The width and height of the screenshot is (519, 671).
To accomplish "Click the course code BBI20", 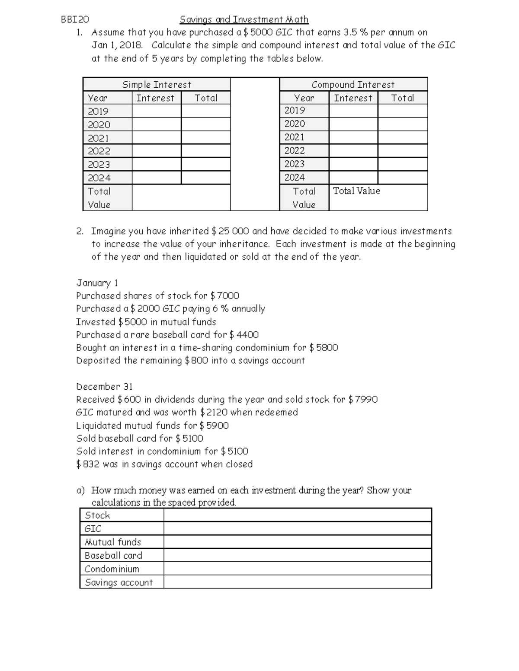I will [75, 19].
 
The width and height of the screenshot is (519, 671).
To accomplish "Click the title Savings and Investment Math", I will [244, 19].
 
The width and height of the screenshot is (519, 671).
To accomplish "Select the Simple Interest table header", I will [157, 85].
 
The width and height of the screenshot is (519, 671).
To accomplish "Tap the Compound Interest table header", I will [353, 85].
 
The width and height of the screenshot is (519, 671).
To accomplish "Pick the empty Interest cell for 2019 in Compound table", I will [353, 111].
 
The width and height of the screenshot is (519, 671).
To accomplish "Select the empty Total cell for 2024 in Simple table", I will [205, 178].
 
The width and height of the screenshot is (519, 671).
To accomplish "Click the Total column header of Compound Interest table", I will [402, 98].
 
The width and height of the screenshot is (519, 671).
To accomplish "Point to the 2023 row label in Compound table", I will [295, 164].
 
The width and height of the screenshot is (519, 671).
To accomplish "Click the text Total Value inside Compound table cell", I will [356, 191].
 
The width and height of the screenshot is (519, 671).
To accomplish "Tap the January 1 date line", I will [97, 283].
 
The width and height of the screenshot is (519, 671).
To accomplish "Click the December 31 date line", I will [104, 387].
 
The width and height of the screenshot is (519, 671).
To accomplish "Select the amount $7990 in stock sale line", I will [363, 400].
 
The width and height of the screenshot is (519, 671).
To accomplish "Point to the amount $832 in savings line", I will [88, 464].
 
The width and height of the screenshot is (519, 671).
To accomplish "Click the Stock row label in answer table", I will [98, 515].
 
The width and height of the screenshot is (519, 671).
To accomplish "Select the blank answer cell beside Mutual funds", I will [298, 542].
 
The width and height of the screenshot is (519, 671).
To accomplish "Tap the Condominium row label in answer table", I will [112, 569].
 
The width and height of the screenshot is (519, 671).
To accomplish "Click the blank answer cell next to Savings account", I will [298, 582].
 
